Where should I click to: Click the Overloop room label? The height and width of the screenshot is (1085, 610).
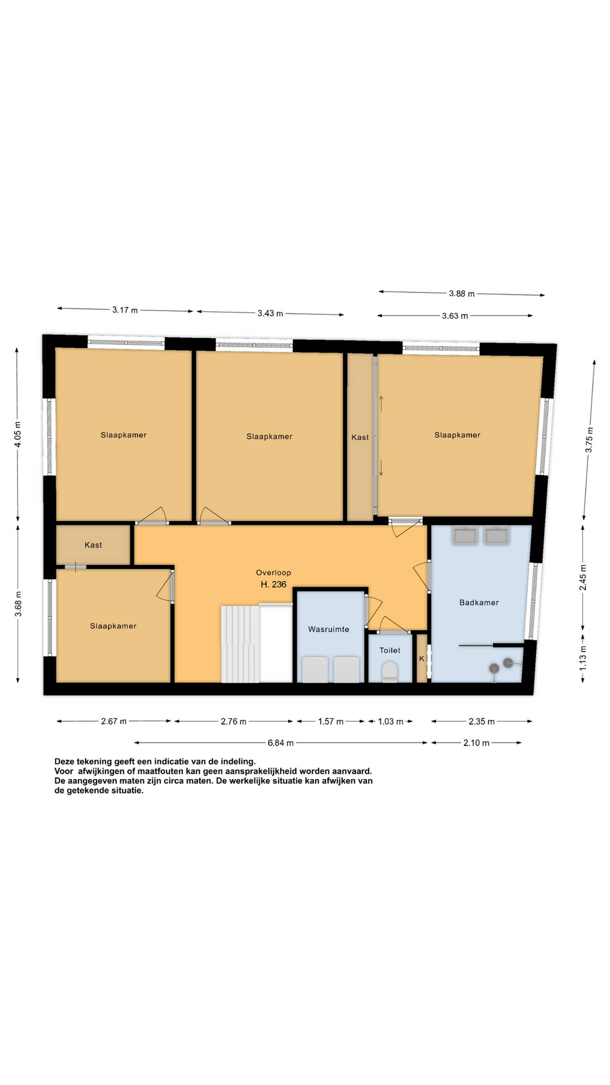273,573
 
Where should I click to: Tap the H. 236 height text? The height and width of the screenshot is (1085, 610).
273,584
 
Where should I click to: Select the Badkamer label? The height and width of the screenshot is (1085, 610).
479,603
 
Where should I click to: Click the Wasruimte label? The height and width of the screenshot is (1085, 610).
329,629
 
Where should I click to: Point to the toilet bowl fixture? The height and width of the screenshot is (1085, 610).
390,671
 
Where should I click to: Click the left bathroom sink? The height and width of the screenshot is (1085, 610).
465,535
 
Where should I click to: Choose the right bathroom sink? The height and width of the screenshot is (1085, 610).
497,535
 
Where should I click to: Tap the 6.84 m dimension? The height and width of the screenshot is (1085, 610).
280,743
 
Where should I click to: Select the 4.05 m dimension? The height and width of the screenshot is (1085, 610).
17,434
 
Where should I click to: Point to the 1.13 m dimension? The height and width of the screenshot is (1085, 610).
583,659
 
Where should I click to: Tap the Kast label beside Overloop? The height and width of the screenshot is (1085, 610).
93,545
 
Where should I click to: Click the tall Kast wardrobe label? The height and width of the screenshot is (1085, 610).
360,437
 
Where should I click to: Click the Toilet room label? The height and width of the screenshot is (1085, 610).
390,650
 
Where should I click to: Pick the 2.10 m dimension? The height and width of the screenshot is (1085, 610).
476,743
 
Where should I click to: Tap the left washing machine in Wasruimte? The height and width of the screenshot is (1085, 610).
315,669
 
